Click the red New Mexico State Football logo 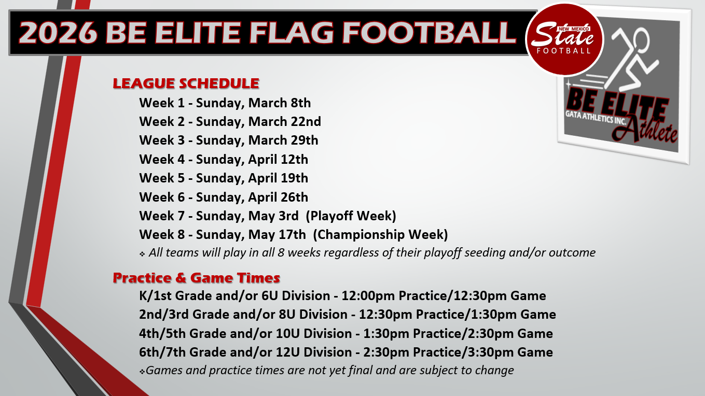tap(564, 39)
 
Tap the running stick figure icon tap(629, 58)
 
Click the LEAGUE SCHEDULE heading tap(186, 83)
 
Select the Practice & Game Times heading tap(197, 278)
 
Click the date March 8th tap(280, 103)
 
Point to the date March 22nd tap(284, 121)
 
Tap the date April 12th tap(278, 159)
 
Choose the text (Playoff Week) tap(351, 216)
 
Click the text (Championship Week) tap(380, 235)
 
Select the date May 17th tap(277, 235)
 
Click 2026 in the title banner tap(58, 33)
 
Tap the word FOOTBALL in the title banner tap(430, 33)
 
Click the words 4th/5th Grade tap(183, 333)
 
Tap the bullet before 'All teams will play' tap(142, 254)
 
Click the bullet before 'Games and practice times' tap(142, 372)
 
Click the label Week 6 tap(162, 197)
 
